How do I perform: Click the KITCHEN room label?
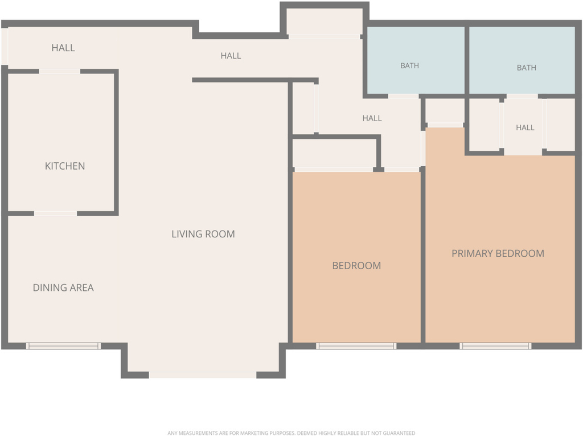coord(65,166)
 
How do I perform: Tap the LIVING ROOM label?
coord(203,234)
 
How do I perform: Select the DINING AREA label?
coord(63,287)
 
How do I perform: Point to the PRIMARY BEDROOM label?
coord(498,253)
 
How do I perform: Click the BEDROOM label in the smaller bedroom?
coord(356,265)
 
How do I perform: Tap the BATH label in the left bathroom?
coord(410,66)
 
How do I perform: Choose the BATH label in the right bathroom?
coord(527,68)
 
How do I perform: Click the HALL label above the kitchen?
coord(63,48)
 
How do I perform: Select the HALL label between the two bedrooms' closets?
coord(372,118)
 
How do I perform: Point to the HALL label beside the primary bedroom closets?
coord(525,127)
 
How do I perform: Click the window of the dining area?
coord(63,346)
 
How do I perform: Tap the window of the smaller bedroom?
coord(356,346)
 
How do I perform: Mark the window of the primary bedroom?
coord(496,346)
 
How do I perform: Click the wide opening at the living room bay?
coord(203,375)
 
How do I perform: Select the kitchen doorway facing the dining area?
coord(55,213)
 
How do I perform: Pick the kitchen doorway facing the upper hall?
coord(59,71)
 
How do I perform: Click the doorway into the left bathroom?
coord(404,96)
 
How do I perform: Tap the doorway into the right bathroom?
coord(522,96)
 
